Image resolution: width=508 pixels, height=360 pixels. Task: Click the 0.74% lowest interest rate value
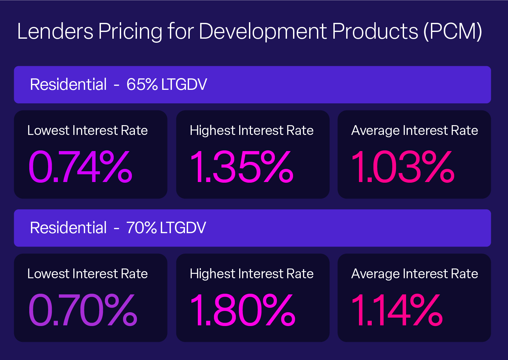point(80,167)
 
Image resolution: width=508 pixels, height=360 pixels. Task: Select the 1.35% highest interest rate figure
point(242,167)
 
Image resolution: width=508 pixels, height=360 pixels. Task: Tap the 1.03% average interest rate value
point(403,167)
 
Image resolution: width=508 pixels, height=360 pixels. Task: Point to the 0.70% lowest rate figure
point(83,310)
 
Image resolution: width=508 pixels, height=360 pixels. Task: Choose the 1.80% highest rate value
point(243,310)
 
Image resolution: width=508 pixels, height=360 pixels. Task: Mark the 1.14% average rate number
point(397,310)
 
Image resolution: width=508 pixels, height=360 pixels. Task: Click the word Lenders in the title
point(55,31)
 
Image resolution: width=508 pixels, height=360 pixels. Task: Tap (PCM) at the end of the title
point(453,31)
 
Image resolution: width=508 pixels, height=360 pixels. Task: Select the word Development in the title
point(263,31)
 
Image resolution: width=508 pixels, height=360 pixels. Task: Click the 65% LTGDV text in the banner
point(167,84)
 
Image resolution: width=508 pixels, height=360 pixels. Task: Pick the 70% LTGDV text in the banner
point(166,228)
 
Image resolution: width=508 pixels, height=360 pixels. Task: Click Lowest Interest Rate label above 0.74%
point(87,131)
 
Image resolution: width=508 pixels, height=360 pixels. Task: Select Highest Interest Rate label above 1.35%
point(251,131)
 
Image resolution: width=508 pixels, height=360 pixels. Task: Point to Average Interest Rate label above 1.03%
point(414,131)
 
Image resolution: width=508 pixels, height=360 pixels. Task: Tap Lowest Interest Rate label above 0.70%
point(87,274)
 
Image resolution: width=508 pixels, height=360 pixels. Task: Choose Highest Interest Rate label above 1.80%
point(251,274)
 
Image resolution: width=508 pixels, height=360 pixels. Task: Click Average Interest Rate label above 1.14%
point(414,274)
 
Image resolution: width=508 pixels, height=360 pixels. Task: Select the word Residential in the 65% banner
point(68,84)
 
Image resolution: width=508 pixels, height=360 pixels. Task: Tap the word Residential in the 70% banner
point(68,228)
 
